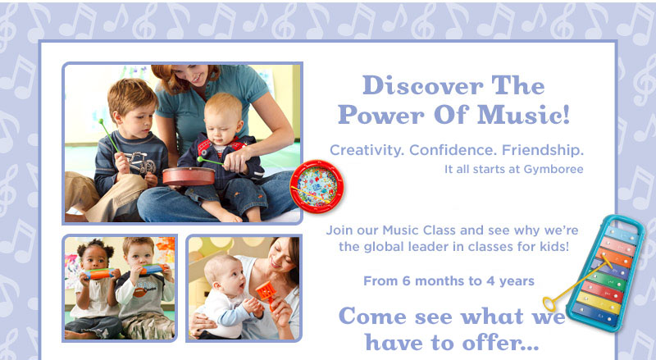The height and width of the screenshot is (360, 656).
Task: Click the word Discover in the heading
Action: pyautogui.click(x=422, y=85)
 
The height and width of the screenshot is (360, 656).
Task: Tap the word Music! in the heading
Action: pyautogui.click(x=523, y=114)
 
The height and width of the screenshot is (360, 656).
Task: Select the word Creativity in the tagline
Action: pyautogui.click(x=367, y=150)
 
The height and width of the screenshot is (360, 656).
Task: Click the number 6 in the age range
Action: pyautogui.click(x=406, y=281)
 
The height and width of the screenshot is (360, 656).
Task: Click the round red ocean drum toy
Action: pyautogui.click(x=317, y=186)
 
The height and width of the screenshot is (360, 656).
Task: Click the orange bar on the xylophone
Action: pyautogui.click(x=613, y=257)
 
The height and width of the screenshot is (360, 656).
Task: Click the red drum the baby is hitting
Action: pyautogui.click(x=189, y=176)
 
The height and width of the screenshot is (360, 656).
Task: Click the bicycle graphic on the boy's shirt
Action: pyautogui.click(x=140, y=162)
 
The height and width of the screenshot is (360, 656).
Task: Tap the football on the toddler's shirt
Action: pyautogui.click(x=139, y=291)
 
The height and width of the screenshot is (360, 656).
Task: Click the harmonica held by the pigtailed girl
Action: pyautogui.click(x=98, y=273)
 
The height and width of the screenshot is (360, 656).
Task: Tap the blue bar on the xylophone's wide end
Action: pyautogui.click(x=594, y=313)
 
